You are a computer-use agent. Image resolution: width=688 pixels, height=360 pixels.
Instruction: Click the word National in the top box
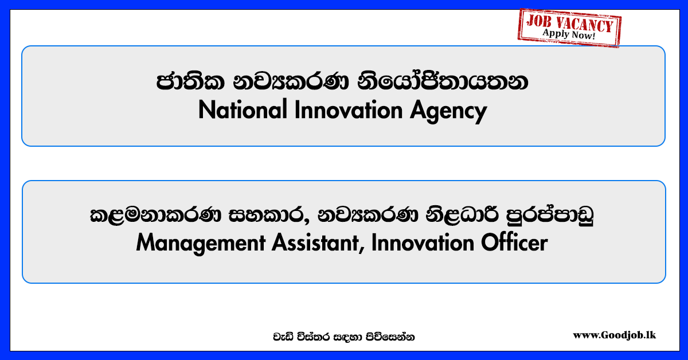[x=243, y=109]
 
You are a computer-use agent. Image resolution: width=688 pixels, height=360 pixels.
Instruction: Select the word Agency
[x=448, y=112]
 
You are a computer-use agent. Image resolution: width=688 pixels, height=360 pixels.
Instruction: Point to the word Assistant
[x=315, y=242]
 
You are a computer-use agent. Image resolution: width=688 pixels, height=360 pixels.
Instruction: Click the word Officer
[x=514, y=242]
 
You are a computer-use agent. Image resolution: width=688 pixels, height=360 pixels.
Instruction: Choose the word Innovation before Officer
[x=423, y=242]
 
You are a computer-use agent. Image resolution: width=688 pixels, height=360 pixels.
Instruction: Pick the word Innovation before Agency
[x=349, y=109]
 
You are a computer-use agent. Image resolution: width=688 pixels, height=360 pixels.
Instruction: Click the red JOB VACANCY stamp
[x=569, y=28]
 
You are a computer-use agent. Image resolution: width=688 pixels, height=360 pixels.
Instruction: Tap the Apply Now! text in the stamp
[x=569, y=34]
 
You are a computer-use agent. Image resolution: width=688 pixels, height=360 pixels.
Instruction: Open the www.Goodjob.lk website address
[x=614, y=335]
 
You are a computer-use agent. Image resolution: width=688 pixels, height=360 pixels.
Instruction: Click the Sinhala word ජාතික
[x=190, y=83]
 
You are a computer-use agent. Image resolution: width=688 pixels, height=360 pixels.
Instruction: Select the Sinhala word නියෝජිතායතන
[x=443, y=81]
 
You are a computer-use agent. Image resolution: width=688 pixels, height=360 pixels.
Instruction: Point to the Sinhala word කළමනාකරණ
[x=155, y=215]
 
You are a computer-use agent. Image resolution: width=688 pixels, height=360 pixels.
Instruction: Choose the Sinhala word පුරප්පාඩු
[x=550, y=215]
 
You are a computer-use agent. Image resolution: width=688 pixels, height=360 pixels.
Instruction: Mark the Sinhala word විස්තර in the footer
[x=311, y=337]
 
